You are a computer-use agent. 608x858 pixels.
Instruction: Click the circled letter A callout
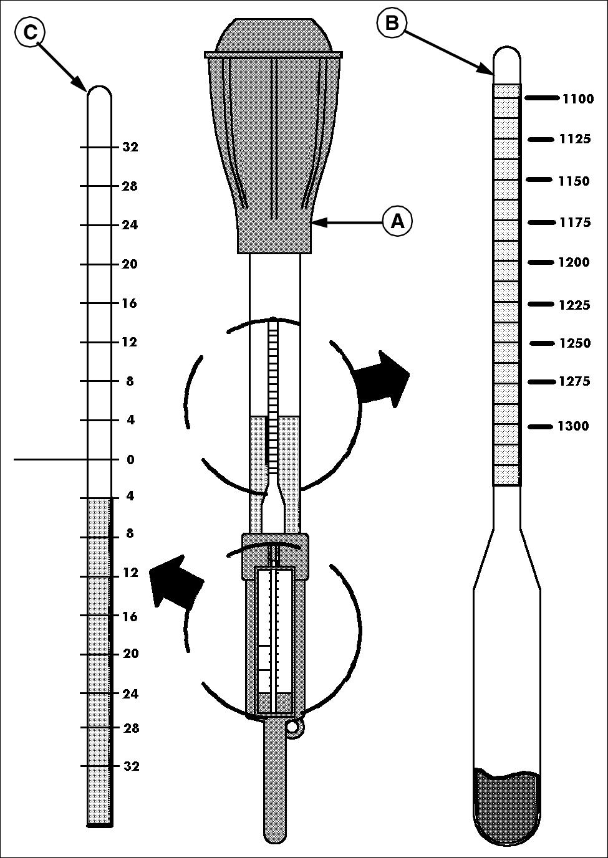(397, 221)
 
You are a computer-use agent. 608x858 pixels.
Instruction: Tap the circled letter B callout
(392, 22)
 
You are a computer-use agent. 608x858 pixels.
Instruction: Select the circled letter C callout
(30, 32)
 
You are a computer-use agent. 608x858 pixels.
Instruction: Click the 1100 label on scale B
(578, 99)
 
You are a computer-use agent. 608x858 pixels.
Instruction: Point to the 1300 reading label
(572, 426)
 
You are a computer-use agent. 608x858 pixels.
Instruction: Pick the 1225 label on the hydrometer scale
(574, 305)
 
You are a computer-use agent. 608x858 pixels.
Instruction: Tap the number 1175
(575, 222)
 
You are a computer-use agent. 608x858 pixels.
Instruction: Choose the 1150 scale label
(574, 181)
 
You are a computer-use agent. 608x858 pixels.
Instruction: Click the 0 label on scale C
(130, 460)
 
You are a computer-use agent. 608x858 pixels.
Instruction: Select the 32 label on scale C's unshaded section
(130, 146)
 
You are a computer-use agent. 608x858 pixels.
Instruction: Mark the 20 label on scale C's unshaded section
(130, 264)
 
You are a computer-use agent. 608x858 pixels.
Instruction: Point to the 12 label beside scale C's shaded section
(130, 573)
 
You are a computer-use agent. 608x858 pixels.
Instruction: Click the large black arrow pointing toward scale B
(382, 378)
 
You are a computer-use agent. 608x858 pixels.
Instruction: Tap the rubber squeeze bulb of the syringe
(273, 136)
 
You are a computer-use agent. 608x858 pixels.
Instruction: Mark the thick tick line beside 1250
(543, 343)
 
